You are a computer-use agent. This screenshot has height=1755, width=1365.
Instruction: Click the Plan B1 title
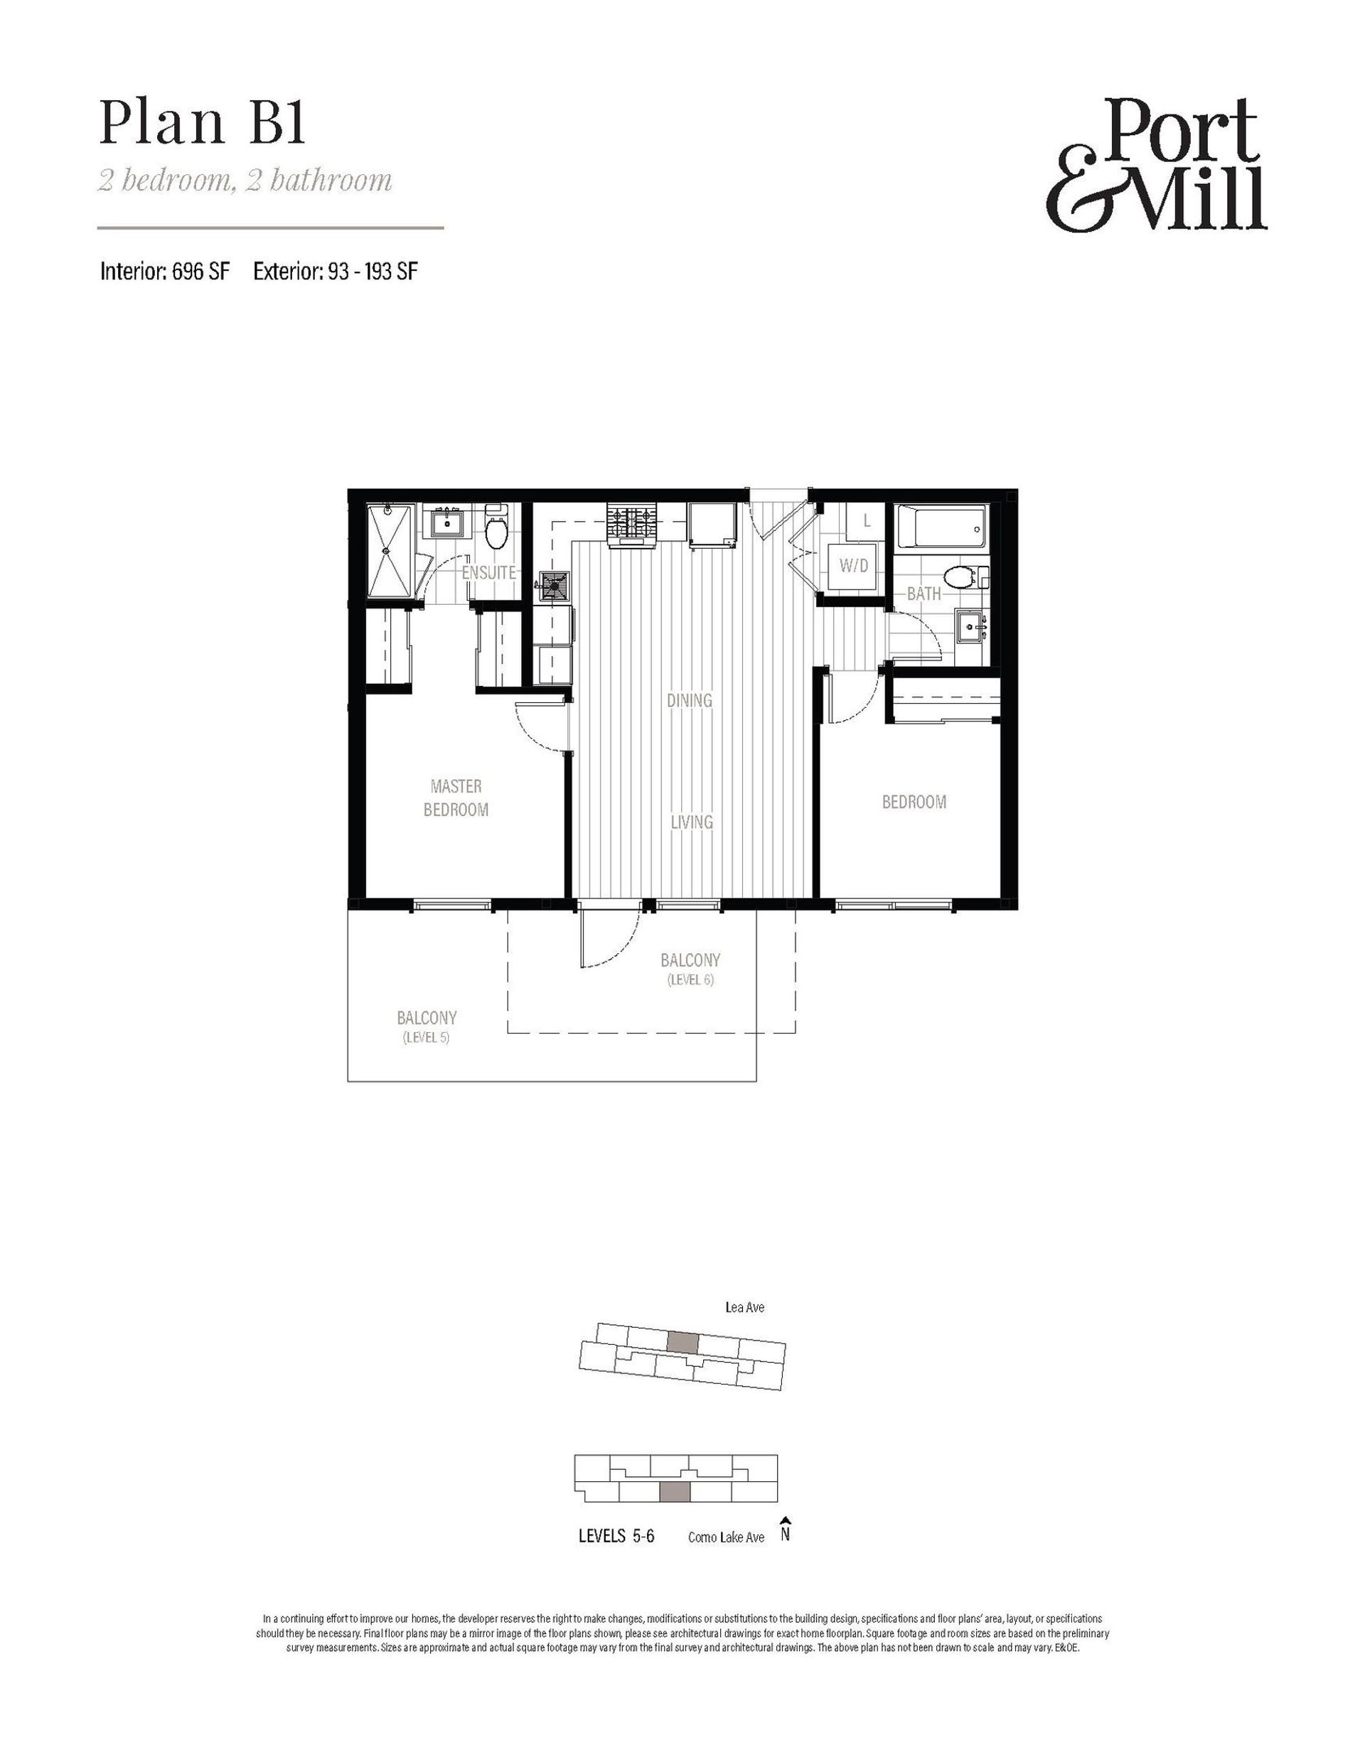(x=203, y=124)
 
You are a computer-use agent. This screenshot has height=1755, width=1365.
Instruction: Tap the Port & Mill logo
(x=1157, y=165)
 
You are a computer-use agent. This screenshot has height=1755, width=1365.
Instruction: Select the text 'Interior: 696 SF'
(x=165, y=272)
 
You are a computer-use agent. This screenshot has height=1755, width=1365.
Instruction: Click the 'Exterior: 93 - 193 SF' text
(x=336, y=272)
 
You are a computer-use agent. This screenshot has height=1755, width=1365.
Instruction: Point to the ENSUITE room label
(x=488, y=573)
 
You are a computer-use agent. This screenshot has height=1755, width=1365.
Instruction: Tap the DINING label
(x=690, y=700)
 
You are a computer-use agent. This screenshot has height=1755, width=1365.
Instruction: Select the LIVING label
(x=691, y=822)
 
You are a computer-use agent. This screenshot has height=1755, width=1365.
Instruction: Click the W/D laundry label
(x=854, y=566)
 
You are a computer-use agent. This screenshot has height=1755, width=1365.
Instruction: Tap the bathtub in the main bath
(x=941, y=529)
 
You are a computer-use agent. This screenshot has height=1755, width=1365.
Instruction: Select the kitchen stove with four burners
(x=633, y=525)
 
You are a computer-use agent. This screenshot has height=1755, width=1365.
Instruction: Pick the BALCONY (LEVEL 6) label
(x=690, y=968)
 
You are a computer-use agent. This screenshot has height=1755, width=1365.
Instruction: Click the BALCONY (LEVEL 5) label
(x=427, y=1026)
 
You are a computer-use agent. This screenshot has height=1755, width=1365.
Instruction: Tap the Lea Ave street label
(x=744, y=1307)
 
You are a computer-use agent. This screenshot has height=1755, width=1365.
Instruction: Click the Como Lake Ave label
(x=726, y=1537)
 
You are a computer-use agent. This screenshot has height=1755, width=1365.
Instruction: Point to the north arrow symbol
(x=786, y=1529)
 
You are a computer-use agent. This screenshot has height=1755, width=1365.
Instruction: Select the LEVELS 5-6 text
(x=616, y=1537)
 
